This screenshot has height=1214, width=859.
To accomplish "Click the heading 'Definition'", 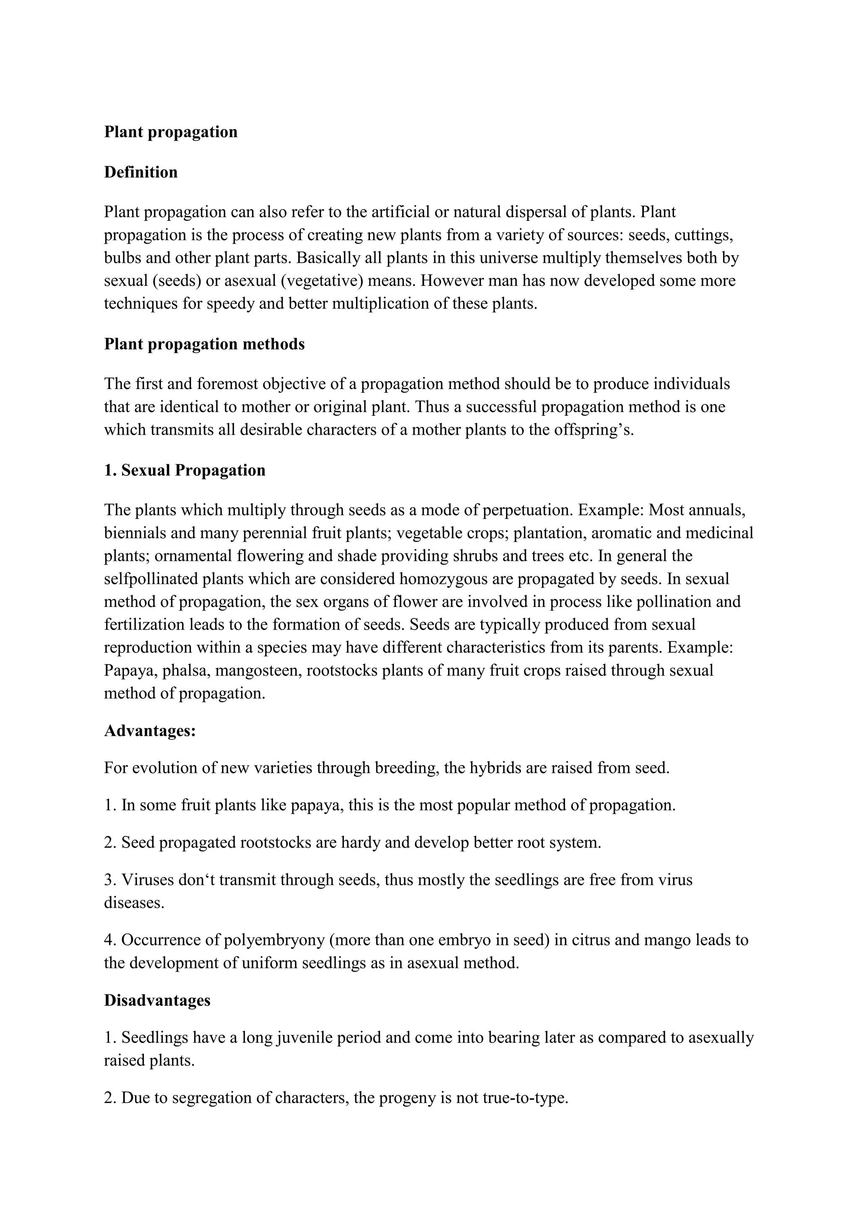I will click(x=141, y=172).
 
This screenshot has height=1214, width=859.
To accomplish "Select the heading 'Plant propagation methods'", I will click(x=204, y=344).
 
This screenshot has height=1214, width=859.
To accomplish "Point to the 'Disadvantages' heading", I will click(x=157, y=1000).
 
